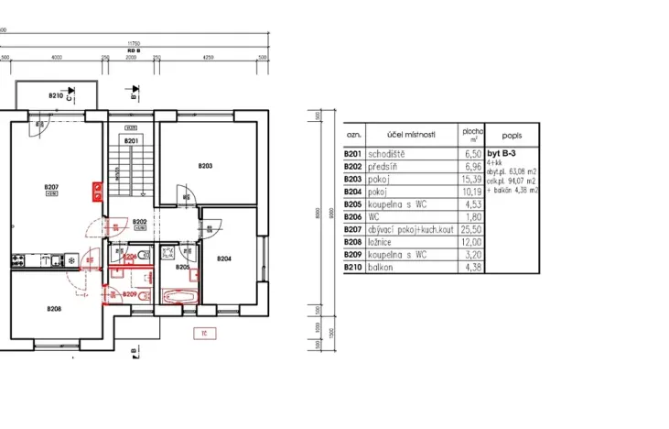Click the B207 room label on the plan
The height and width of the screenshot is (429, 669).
coord(50,188)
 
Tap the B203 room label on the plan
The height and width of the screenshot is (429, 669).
coord(205,166)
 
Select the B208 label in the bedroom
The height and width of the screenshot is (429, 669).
coord(54,309)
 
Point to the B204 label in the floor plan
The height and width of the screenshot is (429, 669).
coord(224,259)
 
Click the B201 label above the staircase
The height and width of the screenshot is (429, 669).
coord(130,141)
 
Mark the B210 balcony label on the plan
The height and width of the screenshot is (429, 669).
coord(56,95)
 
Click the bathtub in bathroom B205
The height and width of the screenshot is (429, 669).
coord(177,296)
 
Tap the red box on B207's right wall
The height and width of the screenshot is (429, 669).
coord(95,192)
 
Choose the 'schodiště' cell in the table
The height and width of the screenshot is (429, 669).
coord(388,155)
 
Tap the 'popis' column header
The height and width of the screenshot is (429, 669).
coord(513,134)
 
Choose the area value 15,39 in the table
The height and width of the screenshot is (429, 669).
coord(471,178)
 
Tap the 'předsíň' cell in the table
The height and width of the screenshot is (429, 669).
coord(384,166)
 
